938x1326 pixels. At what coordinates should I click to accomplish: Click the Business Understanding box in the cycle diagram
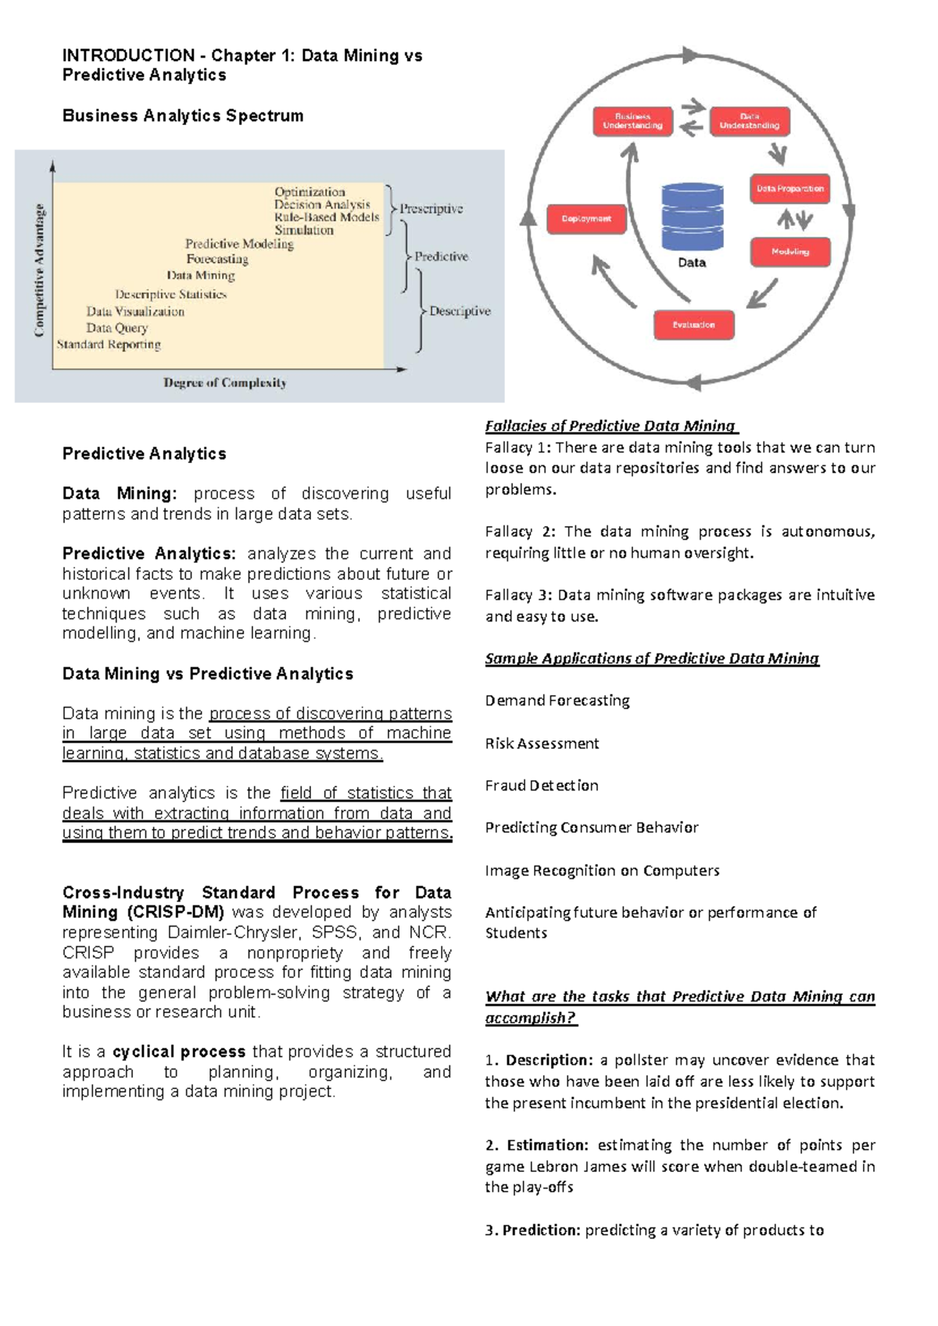pyautogui.click(x=632, y=121)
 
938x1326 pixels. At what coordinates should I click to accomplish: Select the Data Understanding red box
pyautogui.click(x=750, y=121)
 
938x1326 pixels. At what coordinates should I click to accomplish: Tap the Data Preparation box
pyautogui.click(x=789, y=188)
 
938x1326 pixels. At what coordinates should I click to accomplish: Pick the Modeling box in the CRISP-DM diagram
pyautogui.click(x=789, y=252)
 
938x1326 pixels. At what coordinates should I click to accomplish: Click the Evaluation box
pyautogui.click(x=693, y=324)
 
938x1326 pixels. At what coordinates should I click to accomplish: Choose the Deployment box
pyautogui.click(x=586, y=219)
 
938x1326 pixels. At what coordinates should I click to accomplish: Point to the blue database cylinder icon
pyautogui.click(x=692, y=217)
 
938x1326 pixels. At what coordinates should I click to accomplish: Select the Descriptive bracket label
pyautogui.click(x=460, y=311)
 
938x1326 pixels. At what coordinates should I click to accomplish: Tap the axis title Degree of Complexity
pyautogui.click(x=225, y=382)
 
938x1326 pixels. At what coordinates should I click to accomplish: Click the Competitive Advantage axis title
pyautogui.click(x=39, y=270)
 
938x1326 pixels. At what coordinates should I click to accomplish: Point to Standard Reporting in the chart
pyautogui.click(x=109, y=344)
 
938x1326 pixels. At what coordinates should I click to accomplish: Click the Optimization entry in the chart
pyautogui.click(x=310, y=192)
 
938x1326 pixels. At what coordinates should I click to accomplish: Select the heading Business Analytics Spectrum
pyautogui.click(x=183, y=116)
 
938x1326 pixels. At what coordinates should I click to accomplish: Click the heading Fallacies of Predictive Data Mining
pyautogui.click(x=610, y=426)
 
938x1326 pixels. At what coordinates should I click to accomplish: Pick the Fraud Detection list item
pyautogui.click(x=542, y=785)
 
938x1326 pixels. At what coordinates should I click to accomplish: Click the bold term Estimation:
pyautogui.click(x=547, y=1145)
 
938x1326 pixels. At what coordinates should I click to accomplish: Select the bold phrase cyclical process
pyautogui.click(x=179, y=1052)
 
